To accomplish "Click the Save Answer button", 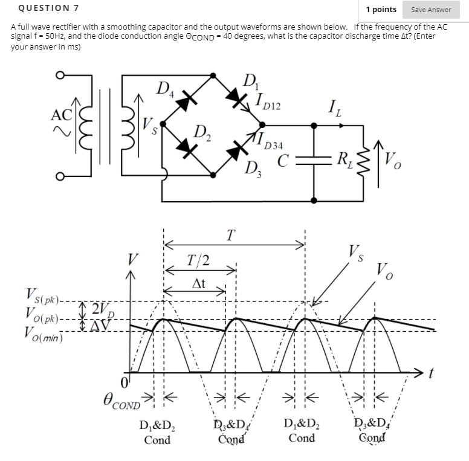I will (431, 9).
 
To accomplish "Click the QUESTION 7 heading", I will (45, 8).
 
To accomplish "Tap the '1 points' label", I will (381, 9).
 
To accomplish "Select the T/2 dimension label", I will (198, 260).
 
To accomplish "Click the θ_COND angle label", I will (121, 401).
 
